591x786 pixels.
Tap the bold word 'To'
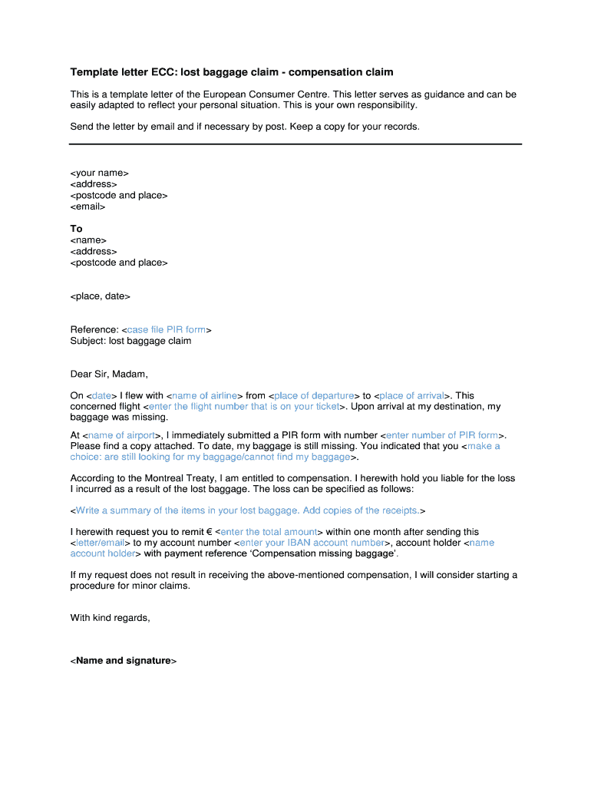tap(76, 229)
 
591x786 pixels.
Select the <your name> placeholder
tap(100, 173)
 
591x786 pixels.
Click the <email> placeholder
tap(87, 206)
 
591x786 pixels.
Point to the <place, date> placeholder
tap(101, 296)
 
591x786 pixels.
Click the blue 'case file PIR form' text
tap(167, 330)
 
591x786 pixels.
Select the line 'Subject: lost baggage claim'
tap(130, 341)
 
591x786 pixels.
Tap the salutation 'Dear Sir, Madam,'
tap(109, 375)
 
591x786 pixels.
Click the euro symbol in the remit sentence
tap(208, 532)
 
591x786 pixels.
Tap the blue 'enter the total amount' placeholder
tap(269, 532)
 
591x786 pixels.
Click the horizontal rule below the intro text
tap(295, 144)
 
